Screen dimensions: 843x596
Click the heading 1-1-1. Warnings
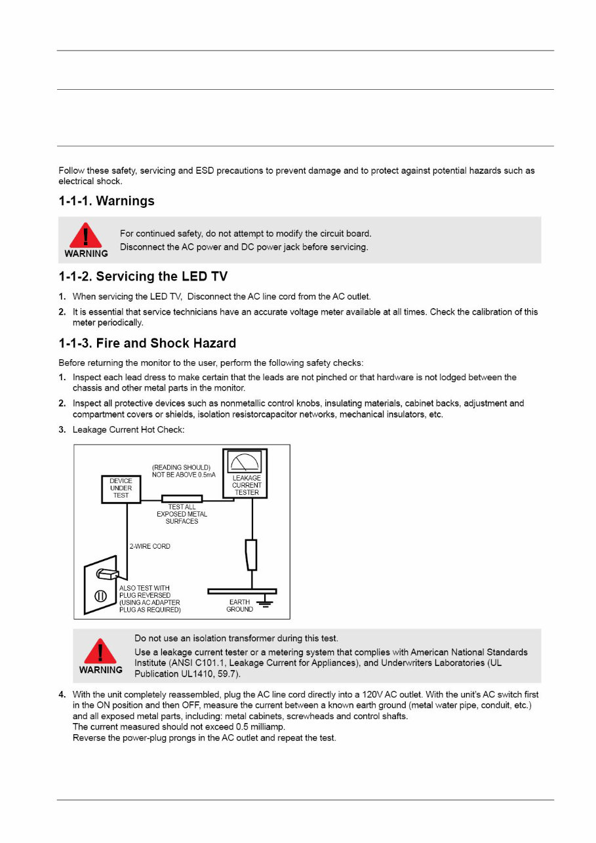click(x=107, y=201)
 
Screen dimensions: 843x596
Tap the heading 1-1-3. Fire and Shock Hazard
click(x=148, y=343)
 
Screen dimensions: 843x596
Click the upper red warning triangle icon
click(x=86, y=235)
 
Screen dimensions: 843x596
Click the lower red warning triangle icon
click(x=100, y=651)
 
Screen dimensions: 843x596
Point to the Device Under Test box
click(x=121, y=488)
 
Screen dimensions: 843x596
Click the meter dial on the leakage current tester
click(x=244, y=461)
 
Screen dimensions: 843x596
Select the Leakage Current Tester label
click(x=247, y=485)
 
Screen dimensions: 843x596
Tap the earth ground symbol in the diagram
click(x=266, y=602)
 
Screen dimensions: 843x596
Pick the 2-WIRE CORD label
click(x=149, y=546)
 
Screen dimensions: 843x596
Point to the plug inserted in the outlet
click(x=107, y=574)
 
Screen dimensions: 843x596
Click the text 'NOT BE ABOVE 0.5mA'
click(x=180, y=475)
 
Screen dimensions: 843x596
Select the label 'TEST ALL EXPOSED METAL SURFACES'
click(x=182, y=514)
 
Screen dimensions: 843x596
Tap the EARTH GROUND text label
click(x=240, y=605)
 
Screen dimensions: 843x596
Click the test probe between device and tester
click(x=182, y=499)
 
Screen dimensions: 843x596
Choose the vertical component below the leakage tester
click(x=251, y=555)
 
